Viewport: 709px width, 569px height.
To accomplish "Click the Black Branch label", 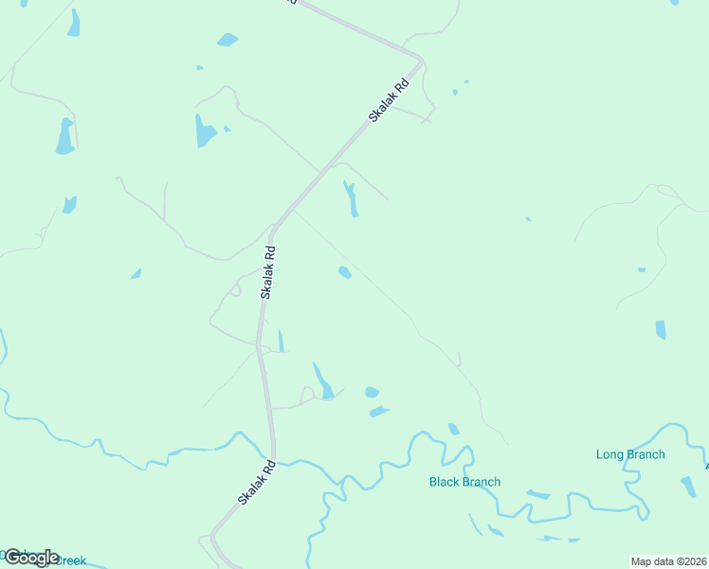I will tap(464, 482).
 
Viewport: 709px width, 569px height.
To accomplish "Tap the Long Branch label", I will tap(630, 454).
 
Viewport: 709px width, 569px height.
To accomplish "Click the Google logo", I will tap(31, 557).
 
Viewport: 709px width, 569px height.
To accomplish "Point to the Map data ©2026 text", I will tap(667, 560).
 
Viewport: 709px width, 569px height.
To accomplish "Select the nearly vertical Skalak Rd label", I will tap(269, 273).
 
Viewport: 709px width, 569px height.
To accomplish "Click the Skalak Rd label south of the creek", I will tap(256, 482).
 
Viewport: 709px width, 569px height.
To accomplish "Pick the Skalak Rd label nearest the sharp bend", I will tap(389, 100).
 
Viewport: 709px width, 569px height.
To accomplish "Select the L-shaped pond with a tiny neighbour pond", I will tap(204, 131).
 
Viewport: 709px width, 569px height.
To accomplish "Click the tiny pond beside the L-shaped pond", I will tap(227, 128).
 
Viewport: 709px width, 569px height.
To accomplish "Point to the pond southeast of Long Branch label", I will tap(689, 487).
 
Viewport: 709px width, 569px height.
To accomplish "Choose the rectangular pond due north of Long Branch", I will tap(660, 330).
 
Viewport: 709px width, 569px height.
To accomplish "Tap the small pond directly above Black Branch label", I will tap(453, 429).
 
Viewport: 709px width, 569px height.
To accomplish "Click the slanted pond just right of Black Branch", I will tap(537, 494).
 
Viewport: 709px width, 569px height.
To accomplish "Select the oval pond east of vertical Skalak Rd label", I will tap(345, 272).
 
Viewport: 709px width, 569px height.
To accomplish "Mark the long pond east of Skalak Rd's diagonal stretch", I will tap(351, 197).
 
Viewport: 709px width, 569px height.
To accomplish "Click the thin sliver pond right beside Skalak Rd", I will tap(281, 340).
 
